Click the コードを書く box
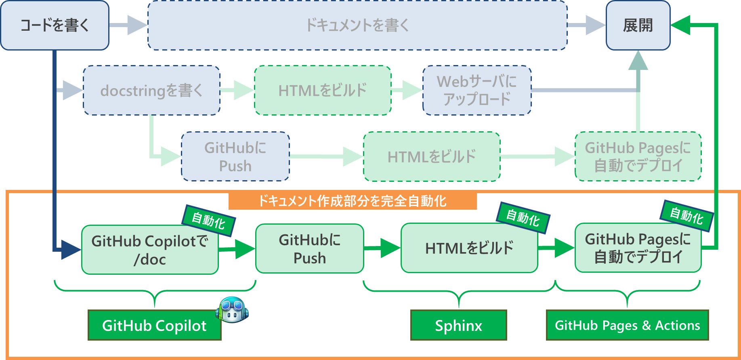pos(55,25)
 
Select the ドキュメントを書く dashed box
pos(357,25)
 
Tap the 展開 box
pos(638,25)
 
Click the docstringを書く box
pos(151,91)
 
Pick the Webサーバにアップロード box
pos(477,91)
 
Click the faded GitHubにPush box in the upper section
pos(235,156)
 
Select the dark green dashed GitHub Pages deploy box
pos(638,156)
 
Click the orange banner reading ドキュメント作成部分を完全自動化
pos(352,201)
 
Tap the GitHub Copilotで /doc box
pos(149,250)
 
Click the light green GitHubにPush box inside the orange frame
pos(309,248)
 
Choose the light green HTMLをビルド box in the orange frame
pos(469,248)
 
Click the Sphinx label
pos(458,325)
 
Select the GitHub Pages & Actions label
pos(627,325)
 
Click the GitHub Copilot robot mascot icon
pos(232,309)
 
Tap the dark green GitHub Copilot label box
pos(154,325)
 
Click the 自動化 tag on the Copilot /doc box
pos(208,221)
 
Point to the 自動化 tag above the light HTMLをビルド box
pos(523,218)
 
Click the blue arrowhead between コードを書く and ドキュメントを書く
pos(137,25)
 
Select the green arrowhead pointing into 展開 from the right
pos(680,25)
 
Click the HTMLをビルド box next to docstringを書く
pos(323,91)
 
